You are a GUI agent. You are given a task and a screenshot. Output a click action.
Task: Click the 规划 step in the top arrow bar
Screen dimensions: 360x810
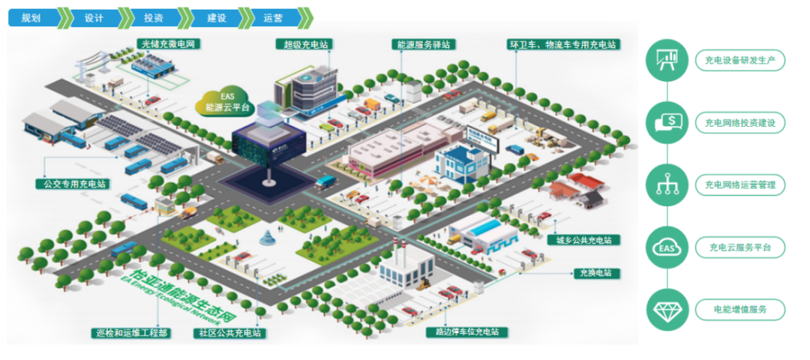pyautogui.click(x=31, y=17)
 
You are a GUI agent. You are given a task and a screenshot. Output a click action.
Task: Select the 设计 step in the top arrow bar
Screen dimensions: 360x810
pyautogui.click(x=93, y=17)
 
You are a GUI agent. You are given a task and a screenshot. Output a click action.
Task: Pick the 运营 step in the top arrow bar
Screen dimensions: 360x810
pyautogui.click(x=272, y=17)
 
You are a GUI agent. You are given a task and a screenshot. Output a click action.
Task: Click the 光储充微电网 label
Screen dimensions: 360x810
pyautogui.click(x=166, y=44)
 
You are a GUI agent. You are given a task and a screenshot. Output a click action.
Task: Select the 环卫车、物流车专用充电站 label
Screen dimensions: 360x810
pyautogui.click(x=563, y=44)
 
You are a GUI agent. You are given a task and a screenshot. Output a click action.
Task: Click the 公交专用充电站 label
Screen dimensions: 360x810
pyautogui.click(x=71, y=183)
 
